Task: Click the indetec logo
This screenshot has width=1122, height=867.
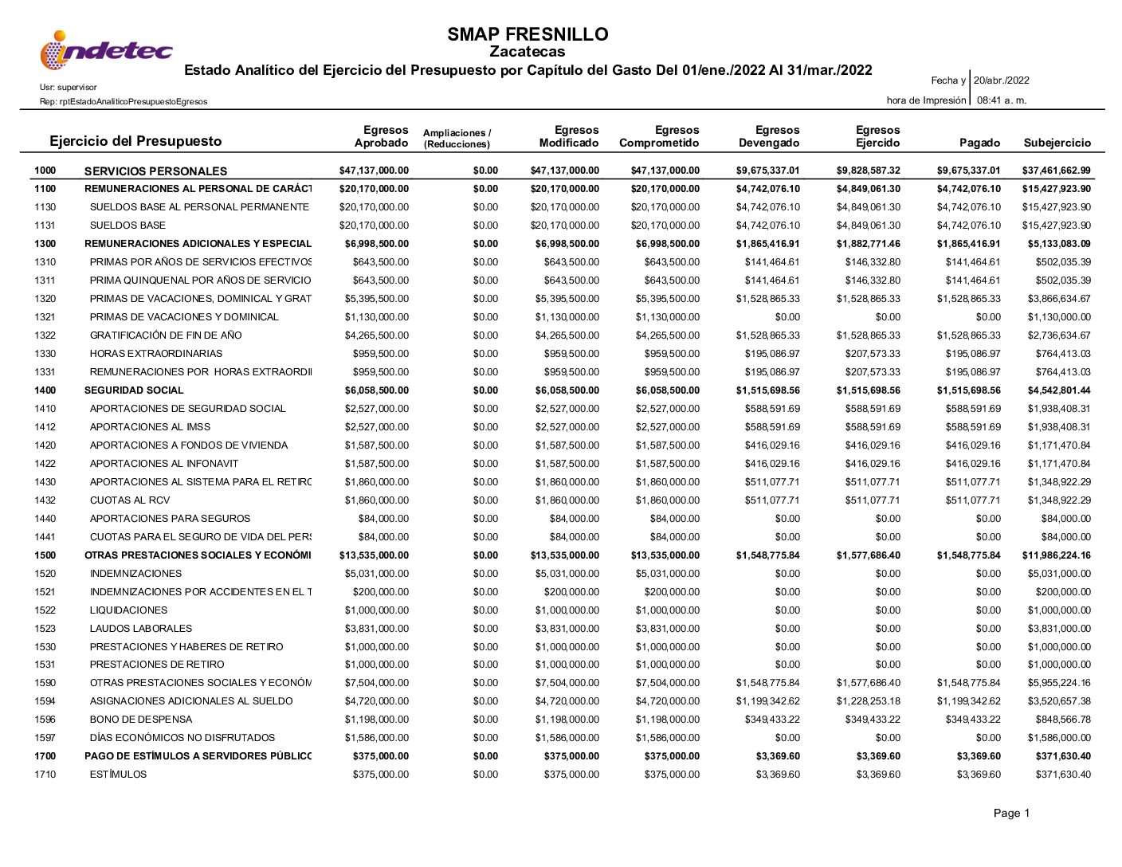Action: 106,51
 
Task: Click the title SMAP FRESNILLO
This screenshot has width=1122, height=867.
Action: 528,34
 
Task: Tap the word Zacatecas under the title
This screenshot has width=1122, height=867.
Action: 527,52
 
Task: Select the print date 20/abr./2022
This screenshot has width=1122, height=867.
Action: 1002,80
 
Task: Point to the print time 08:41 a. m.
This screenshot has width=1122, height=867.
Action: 1002,100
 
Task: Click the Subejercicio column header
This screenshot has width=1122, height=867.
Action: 1057,143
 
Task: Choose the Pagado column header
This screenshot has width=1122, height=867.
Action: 979,143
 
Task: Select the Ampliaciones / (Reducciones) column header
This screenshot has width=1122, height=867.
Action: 457,139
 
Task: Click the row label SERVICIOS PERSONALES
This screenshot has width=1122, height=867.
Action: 155,171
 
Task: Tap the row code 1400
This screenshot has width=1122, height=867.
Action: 45,390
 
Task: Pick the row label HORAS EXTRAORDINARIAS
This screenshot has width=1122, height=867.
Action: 156,354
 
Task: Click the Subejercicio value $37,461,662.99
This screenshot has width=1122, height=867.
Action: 1056,171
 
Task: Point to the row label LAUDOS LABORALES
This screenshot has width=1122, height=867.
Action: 141,629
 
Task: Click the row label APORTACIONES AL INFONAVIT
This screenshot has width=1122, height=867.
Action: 164,464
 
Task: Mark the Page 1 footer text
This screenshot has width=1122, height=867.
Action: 1011,813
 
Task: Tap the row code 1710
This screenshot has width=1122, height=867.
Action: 45,775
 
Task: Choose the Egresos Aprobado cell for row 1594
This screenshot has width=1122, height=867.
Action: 376,701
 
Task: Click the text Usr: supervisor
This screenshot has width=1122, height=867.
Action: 69,87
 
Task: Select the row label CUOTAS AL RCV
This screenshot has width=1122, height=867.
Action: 130,500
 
